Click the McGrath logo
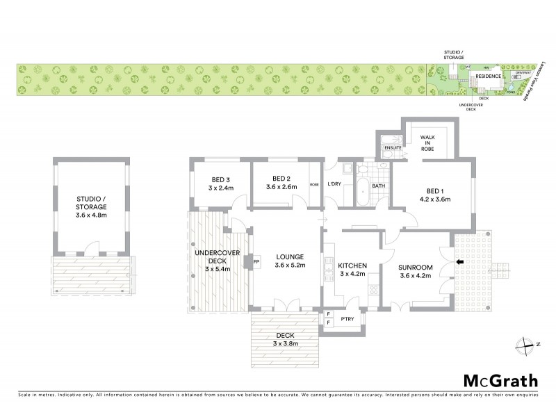coord(500,380)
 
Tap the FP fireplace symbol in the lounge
coord(255,262)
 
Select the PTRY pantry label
coord(347,319)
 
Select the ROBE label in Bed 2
coord(314,185)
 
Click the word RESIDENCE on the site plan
coord(489,76)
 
